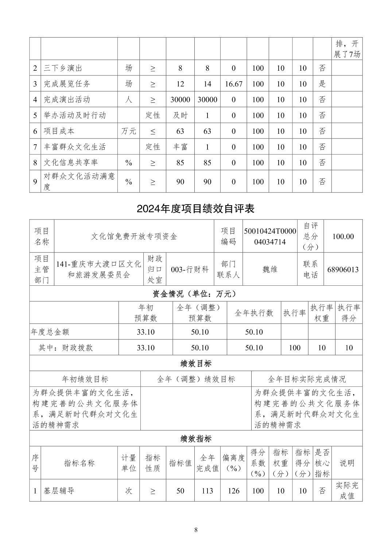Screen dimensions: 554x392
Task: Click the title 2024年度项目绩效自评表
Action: click(195, 209)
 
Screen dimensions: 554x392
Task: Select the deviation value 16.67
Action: click(234, 84)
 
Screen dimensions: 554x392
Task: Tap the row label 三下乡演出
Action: click(63, 68)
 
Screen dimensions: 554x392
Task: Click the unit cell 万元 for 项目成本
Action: click(128, 131)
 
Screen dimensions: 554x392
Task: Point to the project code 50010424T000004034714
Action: click(270, 237)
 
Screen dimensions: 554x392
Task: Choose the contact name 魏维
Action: click(270, 269)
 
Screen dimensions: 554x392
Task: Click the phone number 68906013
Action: click(343, 270)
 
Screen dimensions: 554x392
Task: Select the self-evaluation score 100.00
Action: click(343, 237)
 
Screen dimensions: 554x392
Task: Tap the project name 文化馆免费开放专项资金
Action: click(134, 237)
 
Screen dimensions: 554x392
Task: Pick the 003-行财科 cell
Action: click(190, 270)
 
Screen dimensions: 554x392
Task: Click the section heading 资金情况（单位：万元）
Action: click(196, 294)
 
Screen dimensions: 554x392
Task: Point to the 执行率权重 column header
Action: click(322, 313)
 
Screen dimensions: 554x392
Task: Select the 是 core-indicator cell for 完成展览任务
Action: click(322, 84)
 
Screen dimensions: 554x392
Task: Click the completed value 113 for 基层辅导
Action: click(207, 491)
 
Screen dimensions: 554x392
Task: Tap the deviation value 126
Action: click(234, 491)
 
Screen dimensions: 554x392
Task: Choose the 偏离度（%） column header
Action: click(234, 463)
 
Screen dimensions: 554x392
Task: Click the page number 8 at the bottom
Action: click(196, 530)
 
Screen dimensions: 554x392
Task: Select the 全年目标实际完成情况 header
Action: click(307, 379)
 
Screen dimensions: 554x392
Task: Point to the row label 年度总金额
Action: click(50, 332)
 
